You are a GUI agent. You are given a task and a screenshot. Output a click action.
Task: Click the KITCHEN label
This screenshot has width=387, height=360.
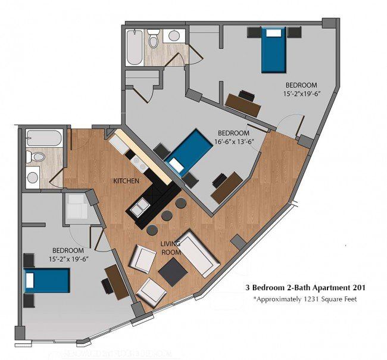pos(126,181)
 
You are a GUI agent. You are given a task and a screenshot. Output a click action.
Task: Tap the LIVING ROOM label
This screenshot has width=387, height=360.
pos(170,248)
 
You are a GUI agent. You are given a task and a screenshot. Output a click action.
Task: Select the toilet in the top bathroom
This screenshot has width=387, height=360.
pos(153,38)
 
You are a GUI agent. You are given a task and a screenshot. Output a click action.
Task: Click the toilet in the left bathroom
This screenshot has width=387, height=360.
pos(36,157)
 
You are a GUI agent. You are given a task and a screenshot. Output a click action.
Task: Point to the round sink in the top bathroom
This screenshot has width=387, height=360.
pos(174,36)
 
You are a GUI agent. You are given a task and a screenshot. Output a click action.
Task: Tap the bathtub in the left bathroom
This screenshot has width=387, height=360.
pos(45,138)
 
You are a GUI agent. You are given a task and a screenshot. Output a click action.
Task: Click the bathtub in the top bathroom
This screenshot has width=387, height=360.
pos(135,47)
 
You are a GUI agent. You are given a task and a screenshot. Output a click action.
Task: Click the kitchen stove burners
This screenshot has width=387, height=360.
pos(139,164)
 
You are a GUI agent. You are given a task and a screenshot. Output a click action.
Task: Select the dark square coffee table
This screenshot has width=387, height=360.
pos(173,272)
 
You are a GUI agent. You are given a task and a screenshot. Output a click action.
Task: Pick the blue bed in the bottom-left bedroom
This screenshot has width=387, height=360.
pos(46,281)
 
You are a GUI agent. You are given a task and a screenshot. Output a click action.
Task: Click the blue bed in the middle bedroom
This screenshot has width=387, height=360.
pos(189,153)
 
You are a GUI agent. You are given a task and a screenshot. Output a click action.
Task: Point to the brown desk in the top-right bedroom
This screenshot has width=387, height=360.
pos(243,105)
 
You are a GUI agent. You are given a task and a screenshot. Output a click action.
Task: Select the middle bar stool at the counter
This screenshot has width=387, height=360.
pos(167,216)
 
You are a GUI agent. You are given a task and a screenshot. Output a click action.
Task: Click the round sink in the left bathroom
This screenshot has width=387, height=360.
pos(33,177)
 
